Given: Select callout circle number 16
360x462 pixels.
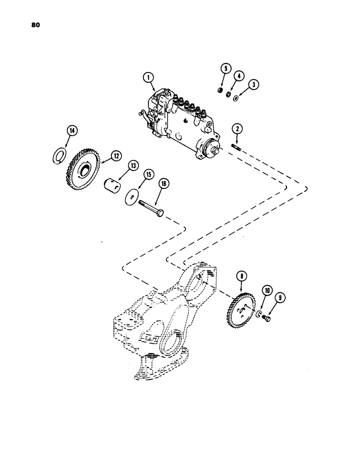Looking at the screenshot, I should click(163, 183).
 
